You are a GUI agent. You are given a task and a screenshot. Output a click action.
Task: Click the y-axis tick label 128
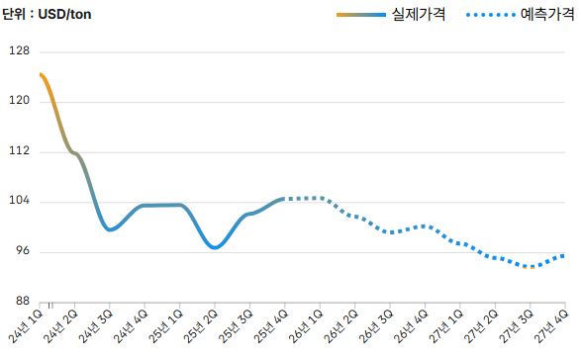19,51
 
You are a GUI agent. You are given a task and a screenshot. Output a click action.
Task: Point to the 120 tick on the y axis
19,101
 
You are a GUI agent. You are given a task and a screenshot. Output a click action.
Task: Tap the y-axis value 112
19,151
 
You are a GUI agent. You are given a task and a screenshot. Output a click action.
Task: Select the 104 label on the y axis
19,202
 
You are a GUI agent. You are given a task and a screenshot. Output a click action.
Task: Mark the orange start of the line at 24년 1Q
41,75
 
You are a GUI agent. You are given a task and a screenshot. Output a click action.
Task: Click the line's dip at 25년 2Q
214,247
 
